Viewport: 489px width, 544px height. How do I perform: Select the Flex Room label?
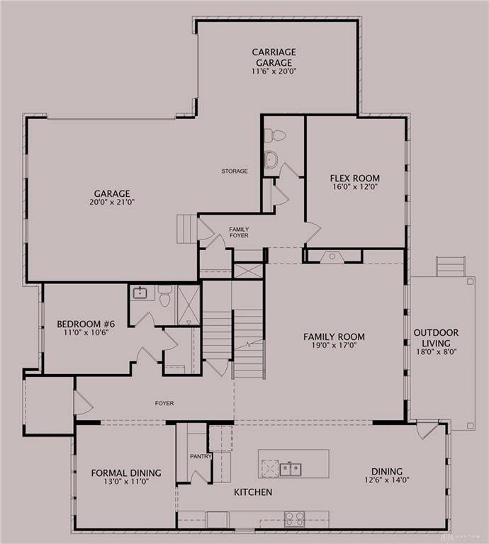(354, 178)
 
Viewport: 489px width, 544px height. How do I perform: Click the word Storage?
(235, 171)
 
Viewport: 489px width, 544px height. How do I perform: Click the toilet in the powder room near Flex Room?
(278, 135)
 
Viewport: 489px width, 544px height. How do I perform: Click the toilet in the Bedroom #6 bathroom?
(165, 295)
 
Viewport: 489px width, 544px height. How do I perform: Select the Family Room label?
(334, 336)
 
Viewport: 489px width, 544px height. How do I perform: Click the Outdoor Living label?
(436, 333)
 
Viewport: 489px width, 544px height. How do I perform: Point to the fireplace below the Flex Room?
(332, 256)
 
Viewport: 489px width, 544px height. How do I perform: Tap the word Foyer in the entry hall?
(164, 404)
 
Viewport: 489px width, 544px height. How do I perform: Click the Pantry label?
(201, 457)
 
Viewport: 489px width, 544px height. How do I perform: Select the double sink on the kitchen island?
(288, 468)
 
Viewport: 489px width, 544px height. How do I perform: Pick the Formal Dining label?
(126, 473)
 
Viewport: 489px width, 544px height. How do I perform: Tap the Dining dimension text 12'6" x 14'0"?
(386, 481)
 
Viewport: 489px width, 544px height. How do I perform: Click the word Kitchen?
(253, 492)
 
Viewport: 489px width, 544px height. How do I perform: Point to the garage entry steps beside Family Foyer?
(186, 229)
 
